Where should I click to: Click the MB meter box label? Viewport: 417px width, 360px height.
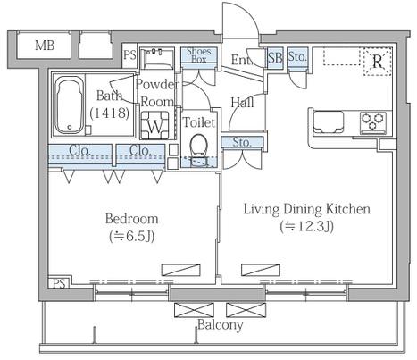pos(45,46)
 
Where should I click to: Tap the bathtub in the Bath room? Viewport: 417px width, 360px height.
pos(70,105)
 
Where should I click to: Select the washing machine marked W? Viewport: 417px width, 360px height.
pos(155,125)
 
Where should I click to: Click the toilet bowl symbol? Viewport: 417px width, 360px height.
pos(198,146)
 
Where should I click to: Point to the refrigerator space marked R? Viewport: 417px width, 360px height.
pos(378,62)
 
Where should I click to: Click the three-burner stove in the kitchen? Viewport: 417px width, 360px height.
pos(373,122)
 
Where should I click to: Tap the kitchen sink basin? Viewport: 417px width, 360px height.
pos(329,121)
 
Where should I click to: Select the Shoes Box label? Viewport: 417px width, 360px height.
pos(198,55)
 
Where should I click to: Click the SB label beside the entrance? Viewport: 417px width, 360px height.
pos(275,57)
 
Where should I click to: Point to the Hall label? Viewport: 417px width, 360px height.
pos(243,103)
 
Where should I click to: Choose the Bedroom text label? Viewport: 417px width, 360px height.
pos(132,219)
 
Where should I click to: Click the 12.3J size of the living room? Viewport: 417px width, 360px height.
pos(307,227)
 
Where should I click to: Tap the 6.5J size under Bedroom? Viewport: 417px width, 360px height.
pos(132,237)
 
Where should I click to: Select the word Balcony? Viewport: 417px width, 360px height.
pos(221,324)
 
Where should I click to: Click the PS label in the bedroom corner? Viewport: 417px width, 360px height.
pos(59,283)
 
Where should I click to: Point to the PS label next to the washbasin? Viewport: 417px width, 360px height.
pos(129,55)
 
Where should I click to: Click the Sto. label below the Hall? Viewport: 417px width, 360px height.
pos(242,143)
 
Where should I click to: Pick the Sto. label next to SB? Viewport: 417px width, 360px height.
pos(297,56)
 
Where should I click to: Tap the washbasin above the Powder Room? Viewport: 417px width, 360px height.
pos(156,58)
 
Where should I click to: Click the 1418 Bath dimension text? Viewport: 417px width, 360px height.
pos(110,113)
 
